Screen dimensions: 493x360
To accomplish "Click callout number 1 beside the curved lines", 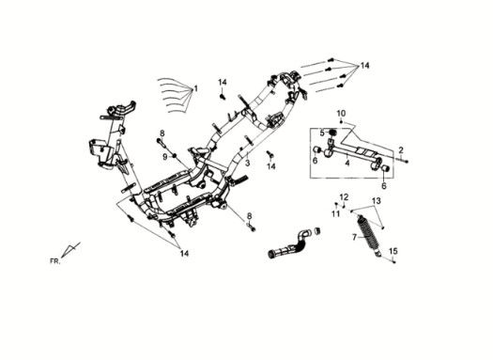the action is (x=196, y=88).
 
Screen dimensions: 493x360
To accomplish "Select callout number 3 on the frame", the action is (x=248, y=163).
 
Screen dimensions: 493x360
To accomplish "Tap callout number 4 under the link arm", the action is (x=347, y=163).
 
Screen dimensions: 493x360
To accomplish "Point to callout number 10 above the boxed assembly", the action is (x=341, y=113).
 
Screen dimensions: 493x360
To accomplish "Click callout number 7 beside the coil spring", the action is (x=355, y=237).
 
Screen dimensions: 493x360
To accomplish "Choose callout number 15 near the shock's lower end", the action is (x=393, y=251).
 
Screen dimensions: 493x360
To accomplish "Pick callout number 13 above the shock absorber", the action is (x=377, y=200).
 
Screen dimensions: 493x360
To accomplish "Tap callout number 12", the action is (x=345, y=197).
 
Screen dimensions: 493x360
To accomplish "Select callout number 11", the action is (x=336, y=213).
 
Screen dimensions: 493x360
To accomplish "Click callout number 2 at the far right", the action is (x=401, y=149).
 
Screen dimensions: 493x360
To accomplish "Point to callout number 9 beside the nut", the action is (x=165, y=156).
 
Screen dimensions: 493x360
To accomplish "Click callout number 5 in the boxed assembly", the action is (x=322, y=133).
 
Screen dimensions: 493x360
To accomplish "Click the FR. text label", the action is (x=54, y=261).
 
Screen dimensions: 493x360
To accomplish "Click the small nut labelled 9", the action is (x=174, y=156).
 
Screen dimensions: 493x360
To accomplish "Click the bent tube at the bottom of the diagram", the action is (x=290, y=243).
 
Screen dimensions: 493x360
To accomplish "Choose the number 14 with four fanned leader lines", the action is (x=364, y=66).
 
